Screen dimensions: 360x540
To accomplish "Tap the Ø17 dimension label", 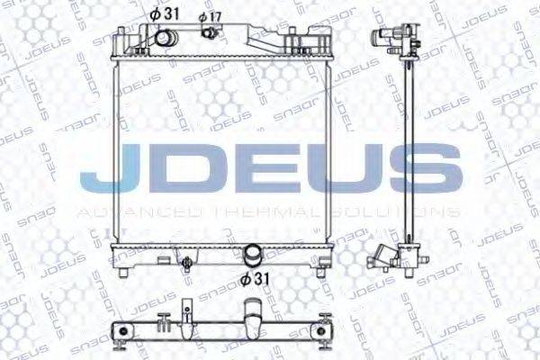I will tap(211, 17).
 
